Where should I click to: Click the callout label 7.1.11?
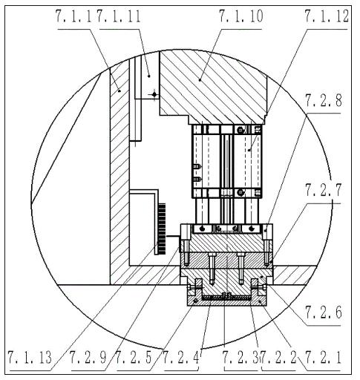[119, 16]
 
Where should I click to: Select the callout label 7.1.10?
[241, 16]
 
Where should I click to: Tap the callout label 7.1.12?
[327, 16]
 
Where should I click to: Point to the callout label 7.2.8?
[324, 101]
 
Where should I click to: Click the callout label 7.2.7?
[324, 191]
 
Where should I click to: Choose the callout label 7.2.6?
[324, 312]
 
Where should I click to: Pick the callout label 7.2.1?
[324, 358]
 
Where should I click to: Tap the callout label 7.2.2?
[279, 358]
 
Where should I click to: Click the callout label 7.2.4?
[181, 358]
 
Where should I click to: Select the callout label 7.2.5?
[134, 358]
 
